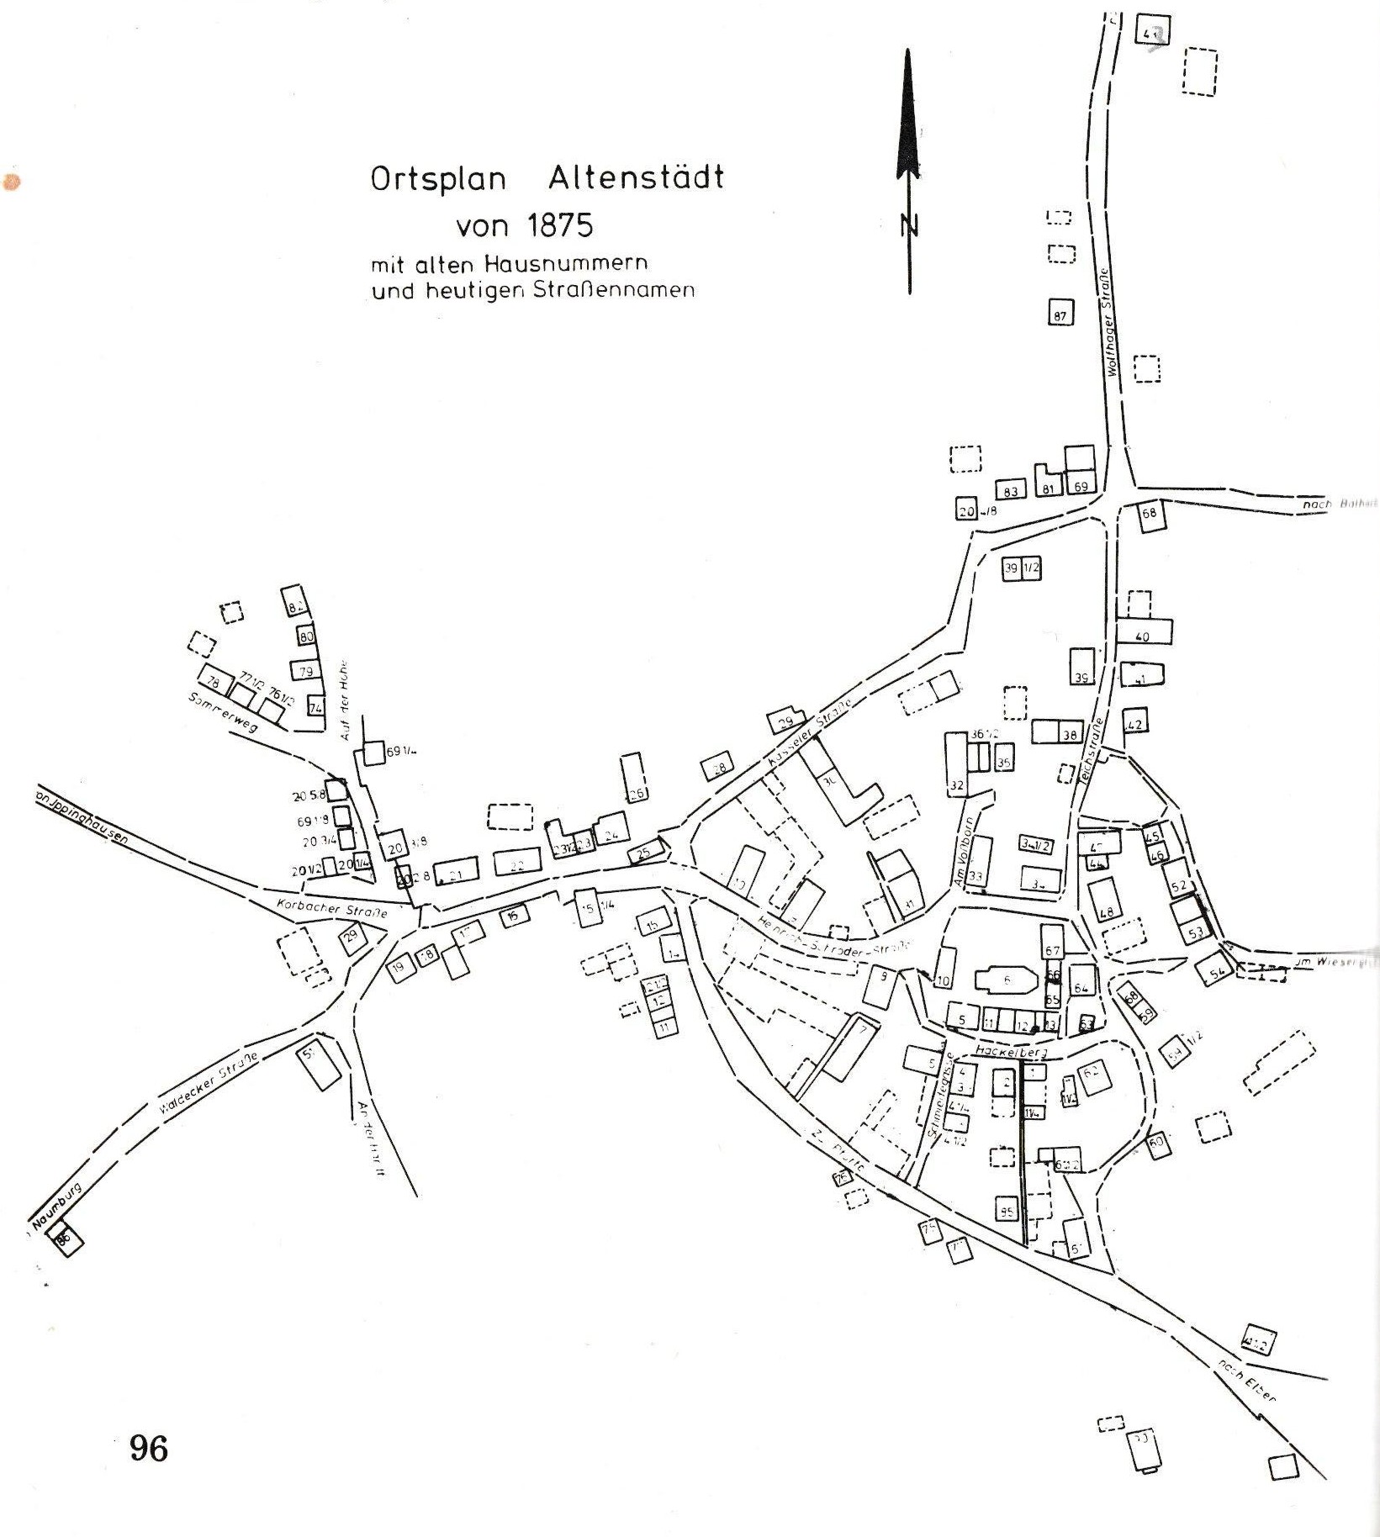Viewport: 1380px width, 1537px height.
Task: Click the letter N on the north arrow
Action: click(x=909, y=226)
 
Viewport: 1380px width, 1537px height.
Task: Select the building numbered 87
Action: click(x=1060, y=314)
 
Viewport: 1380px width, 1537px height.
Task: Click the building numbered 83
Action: click(x=1011, y=490)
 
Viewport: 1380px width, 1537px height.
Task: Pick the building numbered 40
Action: click(x=1144, y=632)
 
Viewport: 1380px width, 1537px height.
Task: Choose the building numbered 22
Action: click(x=516, y=864)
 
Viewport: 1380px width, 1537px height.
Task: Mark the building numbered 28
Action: click(x=718, y=767)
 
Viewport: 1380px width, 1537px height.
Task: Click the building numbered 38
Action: click(x=1069, y=733)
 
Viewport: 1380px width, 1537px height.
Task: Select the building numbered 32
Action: click(x=956, y=763)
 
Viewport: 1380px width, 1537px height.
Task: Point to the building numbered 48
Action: click(x=1106, y=900)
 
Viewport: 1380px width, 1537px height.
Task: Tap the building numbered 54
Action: click(x=1215, y=970)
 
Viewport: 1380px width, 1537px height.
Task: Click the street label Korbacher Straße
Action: click(x=331, y=909)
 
